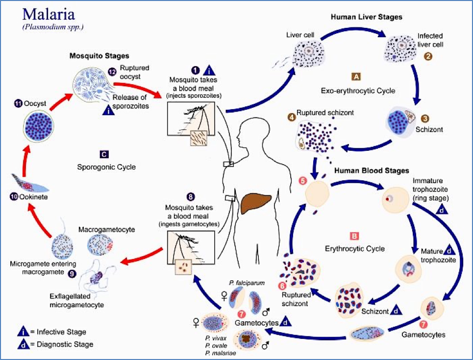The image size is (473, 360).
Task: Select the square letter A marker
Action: [356, 76]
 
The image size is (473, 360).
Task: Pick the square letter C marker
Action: [103, 154]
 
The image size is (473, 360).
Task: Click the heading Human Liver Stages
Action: [366, 17]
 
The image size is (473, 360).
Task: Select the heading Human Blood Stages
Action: [371, 171]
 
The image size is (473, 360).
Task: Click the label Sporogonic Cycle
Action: [106, 167]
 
